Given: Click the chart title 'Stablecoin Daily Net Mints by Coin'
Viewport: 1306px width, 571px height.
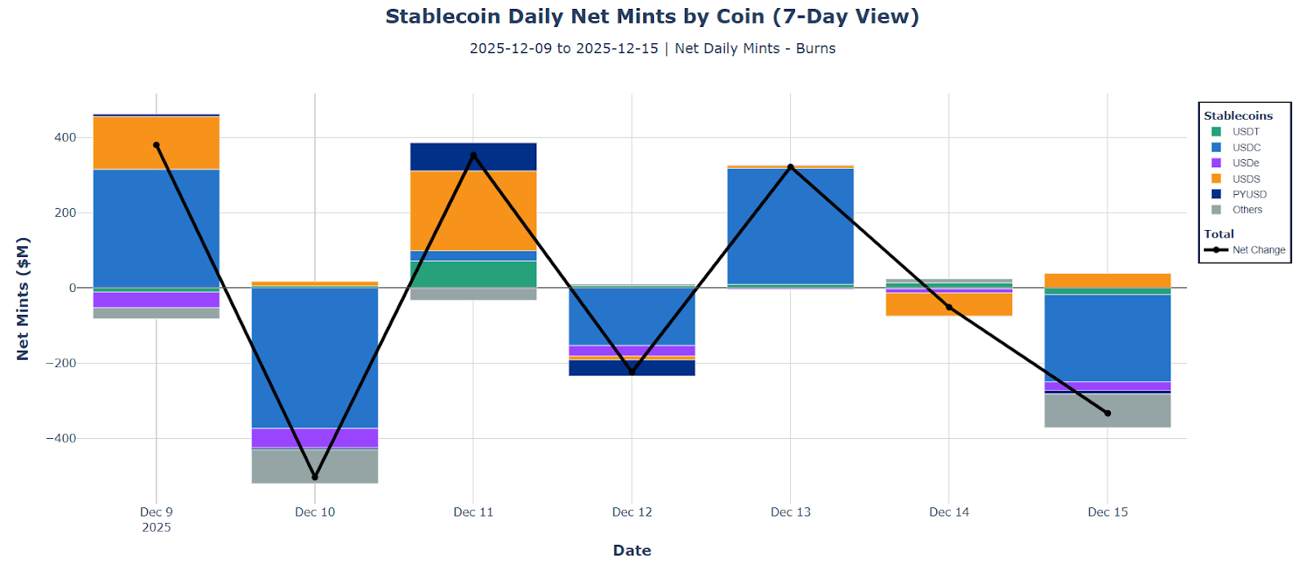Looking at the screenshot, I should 651,16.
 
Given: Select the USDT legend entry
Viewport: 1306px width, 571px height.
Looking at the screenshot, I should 1245,131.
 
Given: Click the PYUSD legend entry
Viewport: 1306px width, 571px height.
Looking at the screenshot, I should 1248,194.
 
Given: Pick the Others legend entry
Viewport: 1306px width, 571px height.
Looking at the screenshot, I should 1246,210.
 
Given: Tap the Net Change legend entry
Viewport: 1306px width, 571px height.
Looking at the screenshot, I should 1257,250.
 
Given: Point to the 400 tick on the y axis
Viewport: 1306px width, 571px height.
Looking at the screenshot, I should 65,138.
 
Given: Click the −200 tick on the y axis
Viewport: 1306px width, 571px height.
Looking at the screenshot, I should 60,363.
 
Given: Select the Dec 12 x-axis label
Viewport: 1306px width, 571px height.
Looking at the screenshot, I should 632,512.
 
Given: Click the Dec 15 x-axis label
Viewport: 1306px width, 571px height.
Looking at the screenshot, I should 1108,512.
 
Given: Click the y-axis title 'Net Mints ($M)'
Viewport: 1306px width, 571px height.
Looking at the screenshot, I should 23,299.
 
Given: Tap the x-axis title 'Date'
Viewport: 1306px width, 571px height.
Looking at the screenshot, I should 632,551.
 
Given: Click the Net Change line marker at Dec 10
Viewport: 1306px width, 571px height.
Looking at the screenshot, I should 315,477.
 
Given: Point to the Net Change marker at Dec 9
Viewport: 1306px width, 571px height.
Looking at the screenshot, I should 157,145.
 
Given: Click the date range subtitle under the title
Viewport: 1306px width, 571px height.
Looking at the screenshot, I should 651,49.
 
